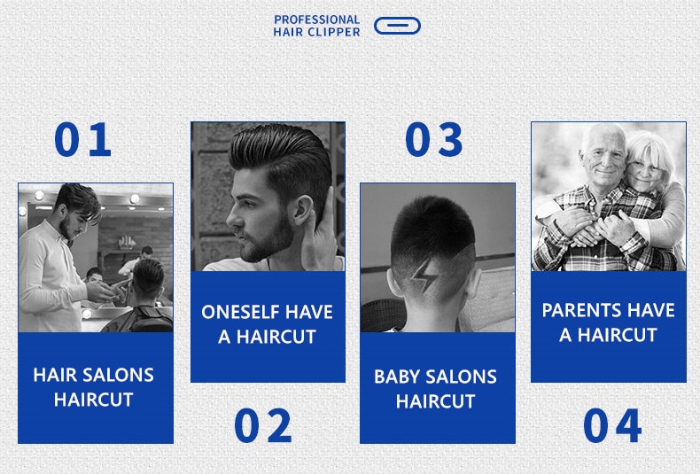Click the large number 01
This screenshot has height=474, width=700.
[82, 139]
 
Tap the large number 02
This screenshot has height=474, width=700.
[263, 425]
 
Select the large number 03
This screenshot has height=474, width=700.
[433, 139]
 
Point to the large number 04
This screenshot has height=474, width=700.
[612, 425]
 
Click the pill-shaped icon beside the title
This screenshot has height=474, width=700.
[397, 26]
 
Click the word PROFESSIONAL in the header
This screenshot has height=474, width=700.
[317, 19]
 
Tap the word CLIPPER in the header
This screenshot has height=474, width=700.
[334, 32]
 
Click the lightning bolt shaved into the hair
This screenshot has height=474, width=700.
[424, 276]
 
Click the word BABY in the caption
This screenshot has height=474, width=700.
[392, 377]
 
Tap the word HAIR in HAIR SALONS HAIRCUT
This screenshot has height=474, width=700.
[51, 375]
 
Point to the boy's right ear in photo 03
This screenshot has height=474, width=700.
[472, 284]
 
